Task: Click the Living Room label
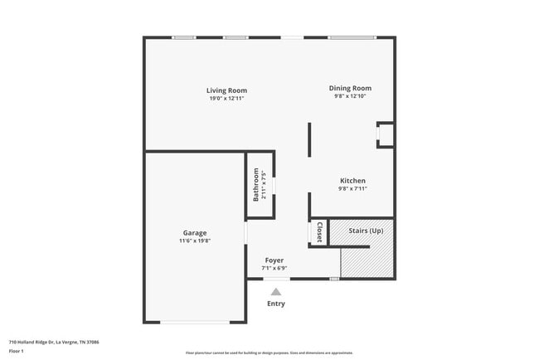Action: tap(226, 90)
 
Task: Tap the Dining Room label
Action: tap(350, 88)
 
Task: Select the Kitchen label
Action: tap(352, 181)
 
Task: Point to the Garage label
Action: tap(195, 233)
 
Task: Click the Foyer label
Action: tap(274, 260)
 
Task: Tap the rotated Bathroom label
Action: tap(256, 186)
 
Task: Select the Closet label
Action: tap(319, 231)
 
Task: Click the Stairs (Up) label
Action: tap(365, 230)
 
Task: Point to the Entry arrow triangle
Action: tap(276, 291)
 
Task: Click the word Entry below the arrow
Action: tap(276, 304)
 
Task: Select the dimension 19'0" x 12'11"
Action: tap(226, 99)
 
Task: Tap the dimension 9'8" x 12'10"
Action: tap(350, 96)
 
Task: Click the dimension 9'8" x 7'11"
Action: tap(352, 188)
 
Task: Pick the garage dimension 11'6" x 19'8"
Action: tap(195, 241)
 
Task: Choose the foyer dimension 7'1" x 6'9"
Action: tap(274, 268)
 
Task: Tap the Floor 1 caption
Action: tap(17, 351)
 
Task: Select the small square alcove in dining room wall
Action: tap(385, 134)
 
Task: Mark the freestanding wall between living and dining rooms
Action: tap(310, 139)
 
